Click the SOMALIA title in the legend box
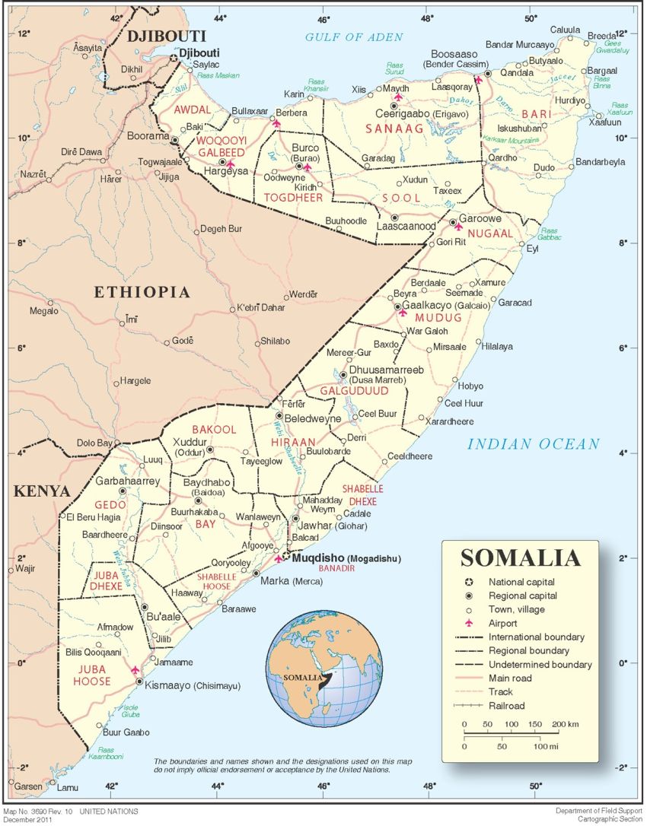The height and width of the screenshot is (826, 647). pyautogui.click(x=520, y=558)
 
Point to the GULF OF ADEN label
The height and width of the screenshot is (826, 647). pyautogui.click(x=354, y=37)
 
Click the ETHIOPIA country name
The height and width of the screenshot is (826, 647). pyautogui.click(x=141, y=292)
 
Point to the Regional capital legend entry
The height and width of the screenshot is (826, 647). pyautogui.click(x=523, y=596)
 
